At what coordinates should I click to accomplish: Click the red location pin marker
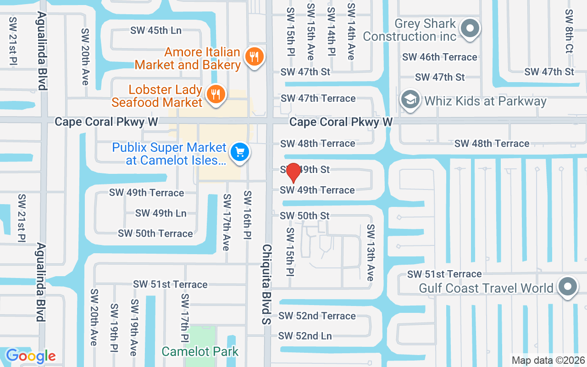tap(293, 173)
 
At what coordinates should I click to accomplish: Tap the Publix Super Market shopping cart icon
tap(239, 152)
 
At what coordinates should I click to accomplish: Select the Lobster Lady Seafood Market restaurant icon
tap(215, 95)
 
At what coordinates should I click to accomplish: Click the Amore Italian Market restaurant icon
tap(253, 57)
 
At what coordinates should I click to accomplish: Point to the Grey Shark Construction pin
tap(470, 29)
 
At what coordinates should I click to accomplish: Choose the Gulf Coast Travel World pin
tap(568, 287)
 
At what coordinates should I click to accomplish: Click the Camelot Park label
tap(200, 352)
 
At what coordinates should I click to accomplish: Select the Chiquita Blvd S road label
tap(266, 284)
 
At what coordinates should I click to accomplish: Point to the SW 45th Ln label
tap(156, 30)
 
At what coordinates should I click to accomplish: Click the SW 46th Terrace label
tap(439, 57)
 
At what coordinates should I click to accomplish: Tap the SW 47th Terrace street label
tap(318, 98)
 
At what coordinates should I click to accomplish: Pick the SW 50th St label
tap(305, 215)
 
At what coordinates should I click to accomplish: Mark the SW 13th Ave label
tap(370, 253)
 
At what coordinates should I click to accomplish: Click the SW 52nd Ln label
tap(305, 336)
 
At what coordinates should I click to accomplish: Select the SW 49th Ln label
tap(161, 213)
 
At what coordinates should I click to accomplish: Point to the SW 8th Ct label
tap(569, 31)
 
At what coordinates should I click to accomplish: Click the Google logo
tap(31, 356)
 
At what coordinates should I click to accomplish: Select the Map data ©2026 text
tap(548, 361)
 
